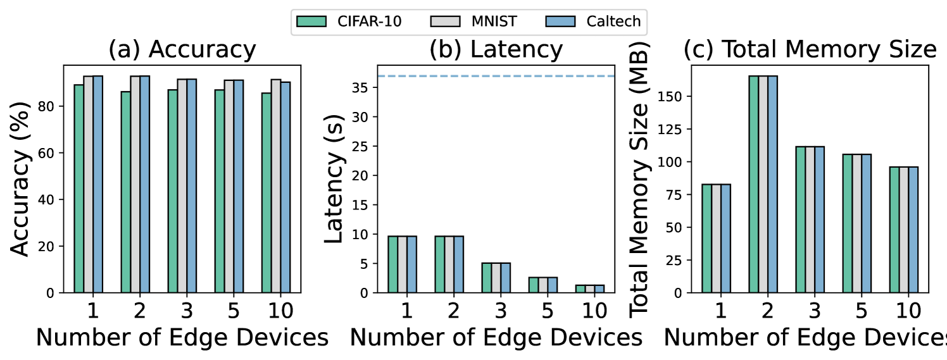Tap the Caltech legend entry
[x=593, y=22]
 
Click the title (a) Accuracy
[x=182, y=50]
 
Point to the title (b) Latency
[x=496, y=50]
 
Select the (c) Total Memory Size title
[x=810, y=50]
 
